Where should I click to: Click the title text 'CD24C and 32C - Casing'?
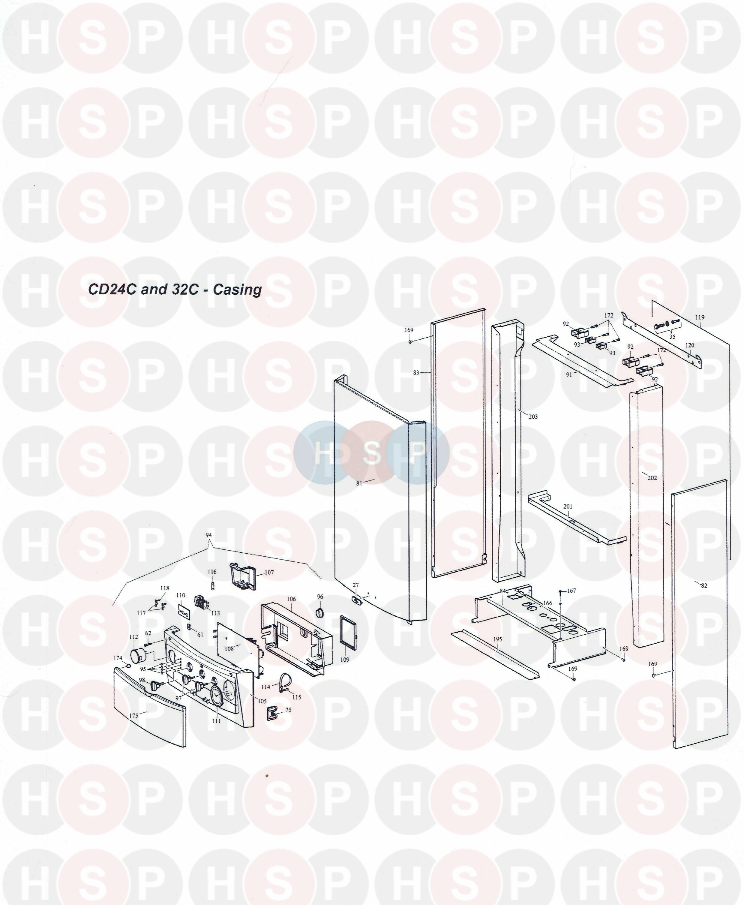[175, 289]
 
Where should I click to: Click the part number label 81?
[359, 483]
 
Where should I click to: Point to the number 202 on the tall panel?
[652, 478]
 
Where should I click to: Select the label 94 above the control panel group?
[209, 535]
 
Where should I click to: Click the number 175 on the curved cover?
[134, 716]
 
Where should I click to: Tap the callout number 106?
[291, 599]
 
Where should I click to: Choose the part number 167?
[572, 591]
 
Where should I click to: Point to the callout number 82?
[704, 586]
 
